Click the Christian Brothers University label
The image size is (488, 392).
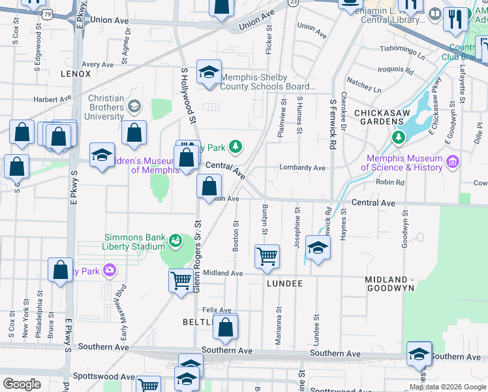(106, 107)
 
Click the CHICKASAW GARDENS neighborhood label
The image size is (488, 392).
(389, 117)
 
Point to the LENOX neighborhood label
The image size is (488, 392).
(76, 74)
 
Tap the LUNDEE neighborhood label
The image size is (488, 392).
(284, 284)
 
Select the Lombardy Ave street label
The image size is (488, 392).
(302, 168)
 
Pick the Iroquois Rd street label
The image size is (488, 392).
(397, 69)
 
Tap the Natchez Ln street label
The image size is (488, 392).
(364, 85)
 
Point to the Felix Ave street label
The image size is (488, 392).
(217, 310)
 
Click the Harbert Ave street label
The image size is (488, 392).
(52, 99)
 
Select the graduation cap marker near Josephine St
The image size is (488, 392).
(318, 248)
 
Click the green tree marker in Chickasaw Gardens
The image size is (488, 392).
(398, 137)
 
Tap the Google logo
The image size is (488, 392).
(22, 384)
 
